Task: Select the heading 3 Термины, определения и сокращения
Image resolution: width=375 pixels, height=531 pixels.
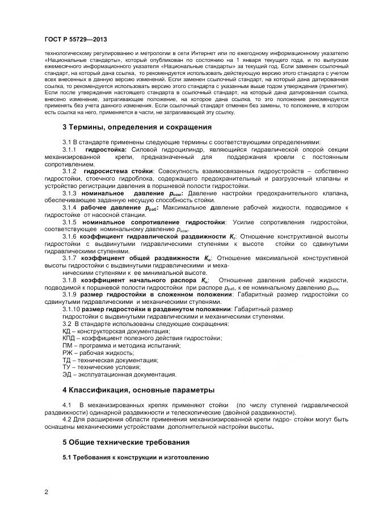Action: point(136,127)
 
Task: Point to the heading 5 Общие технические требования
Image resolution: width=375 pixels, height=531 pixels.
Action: point(125,441)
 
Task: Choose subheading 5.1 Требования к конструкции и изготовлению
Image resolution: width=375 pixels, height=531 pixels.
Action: point(136,457)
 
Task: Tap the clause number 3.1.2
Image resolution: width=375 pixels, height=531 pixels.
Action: point(69,171)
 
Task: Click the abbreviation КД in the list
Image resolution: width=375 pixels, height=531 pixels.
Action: point(66,331)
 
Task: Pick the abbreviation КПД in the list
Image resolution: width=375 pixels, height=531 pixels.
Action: point(68,338)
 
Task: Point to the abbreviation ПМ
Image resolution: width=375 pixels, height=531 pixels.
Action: point(67,345)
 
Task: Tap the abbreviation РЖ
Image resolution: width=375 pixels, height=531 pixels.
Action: point(67,353)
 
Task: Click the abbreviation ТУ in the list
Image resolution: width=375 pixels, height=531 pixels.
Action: point(66,367)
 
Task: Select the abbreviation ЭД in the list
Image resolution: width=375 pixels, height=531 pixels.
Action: point(66,374)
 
